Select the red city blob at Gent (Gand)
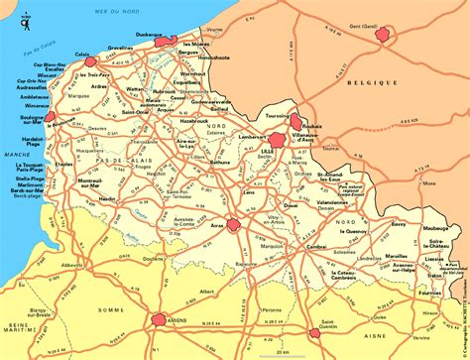pyautogui.click(x=381, y=36)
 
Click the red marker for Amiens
pyautogui.click(x=160, y=319)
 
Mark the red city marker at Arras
pyautogui.click(x=234, y=225)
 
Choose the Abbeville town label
pyautogui.click(x=72, y=265)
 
